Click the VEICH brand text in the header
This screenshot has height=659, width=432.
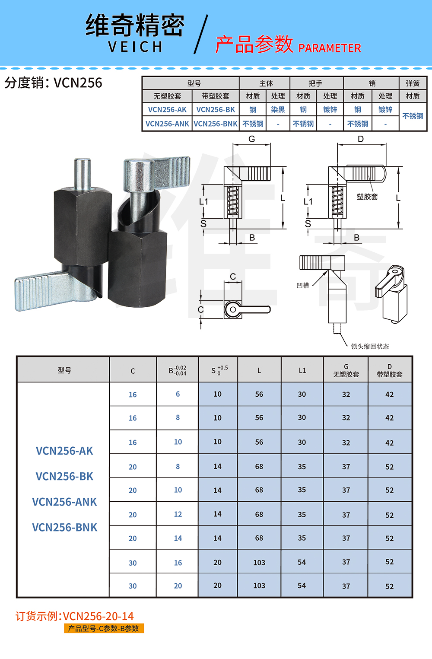pos(135,47)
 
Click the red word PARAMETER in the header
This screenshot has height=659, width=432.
pos(329,48)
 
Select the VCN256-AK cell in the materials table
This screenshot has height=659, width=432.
pos(167,109)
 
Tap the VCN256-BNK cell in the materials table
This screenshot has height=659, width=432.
pos(215,124)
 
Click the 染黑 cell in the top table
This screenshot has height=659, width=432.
pos(278,109)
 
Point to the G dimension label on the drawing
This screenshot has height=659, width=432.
pos(252,139)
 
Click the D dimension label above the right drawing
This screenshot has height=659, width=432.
pos(361,139)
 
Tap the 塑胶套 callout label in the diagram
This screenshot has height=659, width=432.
pos(367,197)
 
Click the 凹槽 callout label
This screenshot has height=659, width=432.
pos(302,285)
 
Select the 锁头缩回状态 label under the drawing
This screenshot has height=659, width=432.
pos(370,346)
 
